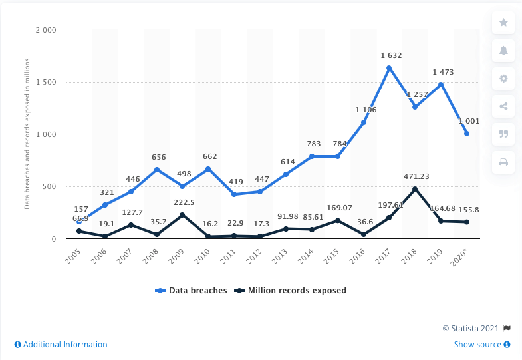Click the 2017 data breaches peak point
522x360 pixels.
[389, 68]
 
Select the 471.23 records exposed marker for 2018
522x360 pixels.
[415, 189]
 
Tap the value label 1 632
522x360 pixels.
[389, 55]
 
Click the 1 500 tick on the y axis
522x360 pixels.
[47, 82]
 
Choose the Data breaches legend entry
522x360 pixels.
[191, 291]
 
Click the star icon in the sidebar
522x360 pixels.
[503, 23]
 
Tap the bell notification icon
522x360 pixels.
[503, 51]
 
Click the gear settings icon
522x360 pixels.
[503, 79]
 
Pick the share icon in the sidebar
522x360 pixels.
[503, 106]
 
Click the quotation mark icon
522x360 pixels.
[503, 134]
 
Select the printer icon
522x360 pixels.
[503, 162]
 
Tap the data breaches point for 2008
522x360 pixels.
[156, 170]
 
